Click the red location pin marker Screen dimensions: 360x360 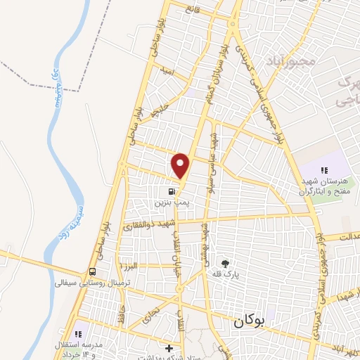coord(181,165)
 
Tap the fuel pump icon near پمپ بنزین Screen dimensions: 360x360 coord(171,191)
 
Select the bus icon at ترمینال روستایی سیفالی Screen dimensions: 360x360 coord(93,272)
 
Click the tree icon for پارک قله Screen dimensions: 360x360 coord(225,262)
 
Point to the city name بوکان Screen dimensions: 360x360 coord(248,322)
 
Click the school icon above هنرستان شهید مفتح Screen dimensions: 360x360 coord(323,170)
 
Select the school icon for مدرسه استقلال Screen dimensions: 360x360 coord(79,333)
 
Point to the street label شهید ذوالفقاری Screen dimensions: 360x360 coord(148,226)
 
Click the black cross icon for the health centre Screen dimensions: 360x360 coord(169,348)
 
